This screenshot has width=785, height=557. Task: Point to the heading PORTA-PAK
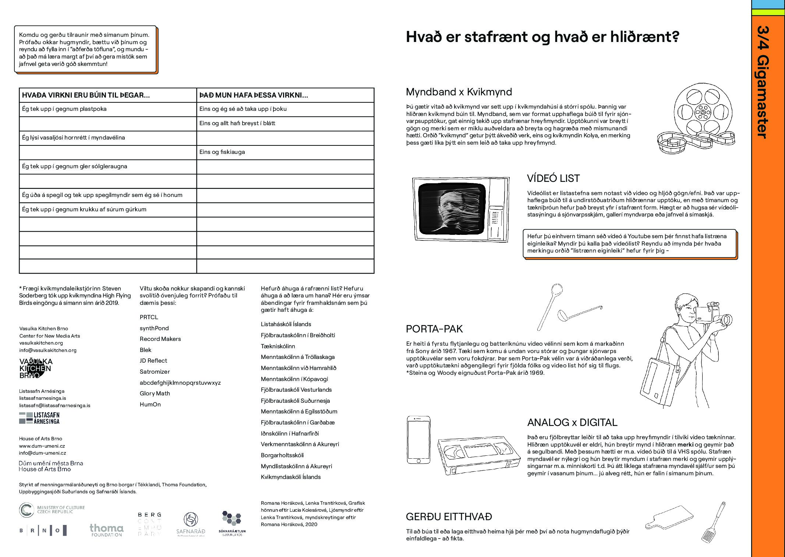[434, 329]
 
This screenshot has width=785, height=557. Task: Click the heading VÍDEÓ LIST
[553, 179]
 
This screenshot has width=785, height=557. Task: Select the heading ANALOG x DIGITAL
[572, 423]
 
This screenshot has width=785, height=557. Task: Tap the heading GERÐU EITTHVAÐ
[449, 517]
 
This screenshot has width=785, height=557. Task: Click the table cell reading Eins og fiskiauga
[222, 152]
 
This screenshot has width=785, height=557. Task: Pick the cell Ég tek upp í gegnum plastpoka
[64, 109]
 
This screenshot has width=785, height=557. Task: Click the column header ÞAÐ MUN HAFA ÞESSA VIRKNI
[254, 95]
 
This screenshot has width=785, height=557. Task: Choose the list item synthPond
[154, 328]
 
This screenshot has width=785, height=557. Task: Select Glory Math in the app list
[155, 394]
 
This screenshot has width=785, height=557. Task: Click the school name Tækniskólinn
[278, 346]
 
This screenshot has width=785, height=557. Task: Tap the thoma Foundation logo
[106, 530]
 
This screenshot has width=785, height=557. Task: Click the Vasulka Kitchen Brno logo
[36, 368]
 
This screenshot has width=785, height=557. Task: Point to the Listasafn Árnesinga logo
[39, 418]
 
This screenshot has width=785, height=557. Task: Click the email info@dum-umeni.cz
[43, 453]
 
